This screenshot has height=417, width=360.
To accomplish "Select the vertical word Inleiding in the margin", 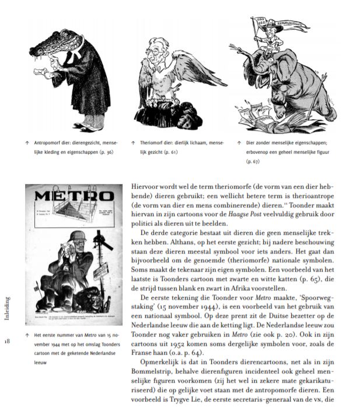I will (6, 308).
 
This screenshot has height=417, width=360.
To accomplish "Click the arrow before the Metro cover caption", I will (28, 335).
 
